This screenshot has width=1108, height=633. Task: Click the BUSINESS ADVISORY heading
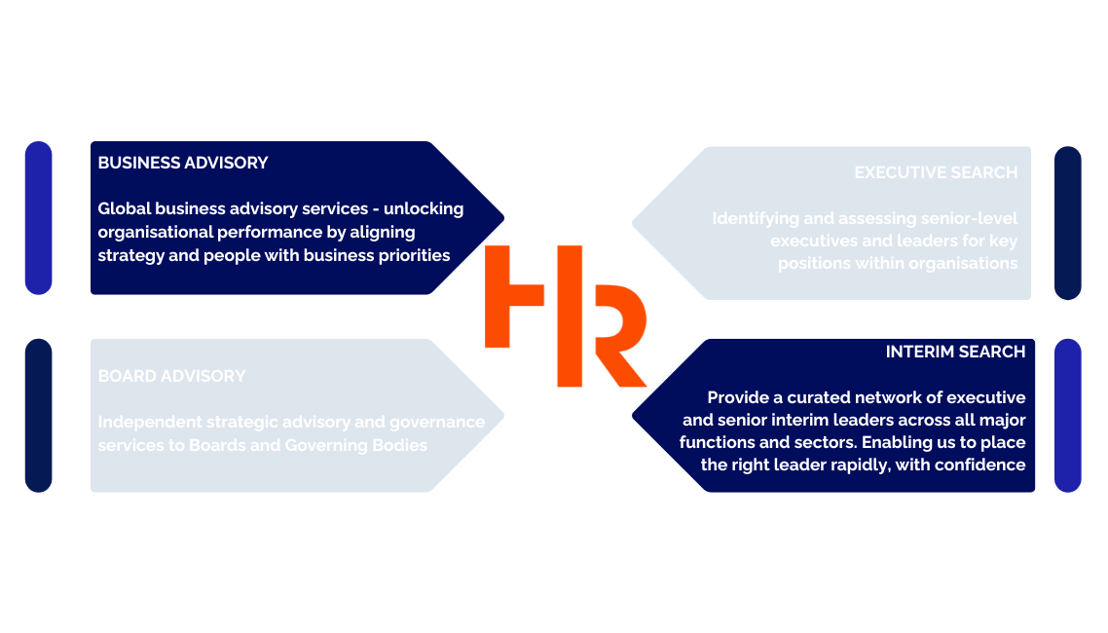pyautogui.click(x=183, y=163)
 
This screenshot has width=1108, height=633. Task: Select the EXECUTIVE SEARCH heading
pyautogui.click(x=936, y=172)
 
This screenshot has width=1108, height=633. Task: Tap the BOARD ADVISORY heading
pyautogui.click(x=171, y=376)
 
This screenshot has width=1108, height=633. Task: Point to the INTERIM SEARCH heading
pyautogui.click(x=955, y=352)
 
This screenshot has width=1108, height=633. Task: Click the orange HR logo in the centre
pyautogui.click(x=566, y=316)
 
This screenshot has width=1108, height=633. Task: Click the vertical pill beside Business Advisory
pyautogui.click(x=38, y=218)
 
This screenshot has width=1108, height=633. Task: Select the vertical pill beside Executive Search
pyautogui.click(x=1068, y=223)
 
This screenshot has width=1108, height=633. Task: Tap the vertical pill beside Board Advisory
pyautogui.click(x=38, y=415)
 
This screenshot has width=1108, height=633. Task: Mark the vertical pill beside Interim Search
pyautogui.click(x=1068, y=415)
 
